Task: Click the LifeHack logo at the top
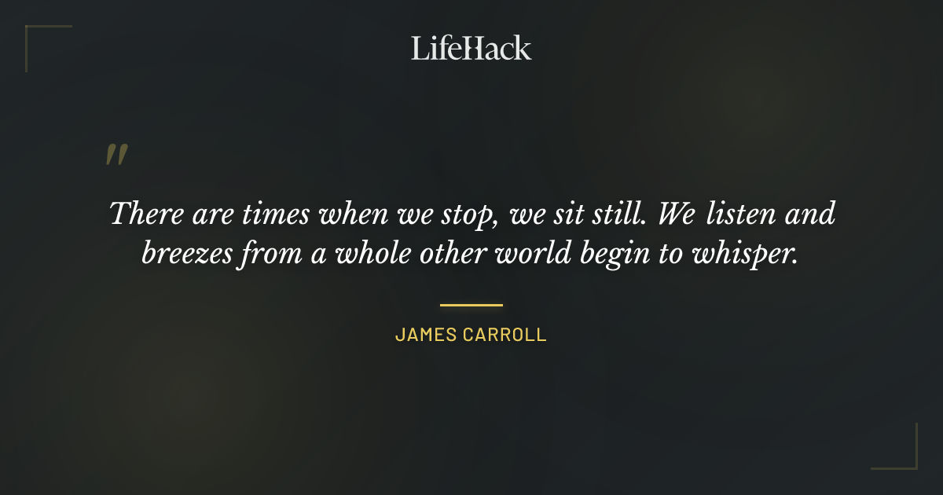tap(471, 48)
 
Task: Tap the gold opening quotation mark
tap(116, 155)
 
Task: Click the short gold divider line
tap(472, 305)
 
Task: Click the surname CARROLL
tap(505, 335)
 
